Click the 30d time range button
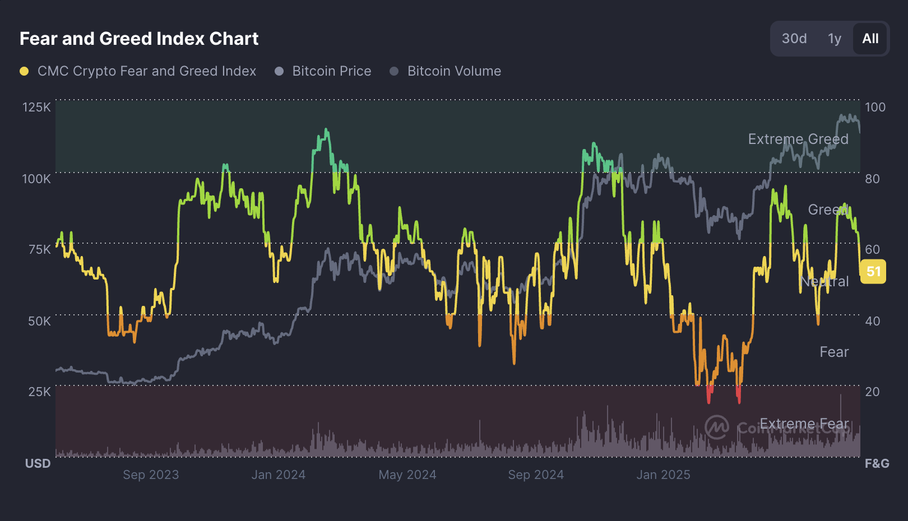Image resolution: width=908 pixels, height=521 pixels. click(x=794, y=39)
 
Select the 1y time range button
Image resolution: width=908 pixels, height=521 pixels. click(x=835, y=39)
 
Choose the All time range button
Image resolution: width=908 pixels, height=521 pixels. click(x=870, y=39)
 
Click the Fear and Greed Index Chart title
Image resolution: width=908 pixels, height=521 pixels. click(x=139, y=39)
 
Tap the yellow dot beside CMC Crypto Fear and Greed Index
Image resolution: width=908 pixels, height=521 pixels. click(x=24, y=71)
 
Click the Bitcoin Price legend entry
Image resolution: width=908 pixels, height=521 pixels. click(x=331, y=71)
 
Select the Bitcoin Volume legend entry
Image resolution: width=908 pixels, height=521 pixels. click(x=454, y=71)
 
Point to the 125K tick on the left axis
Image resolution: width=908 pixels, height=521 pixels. click(x=36, y=107)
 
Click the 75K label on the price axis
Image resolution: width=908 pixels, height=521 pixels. click(x=39, y=249)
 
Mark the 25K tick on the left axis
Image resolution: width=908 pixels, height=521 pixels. click(x=39, y=392)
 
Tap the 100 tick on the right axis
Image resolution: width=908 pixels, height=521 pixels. click(x=875, y=107)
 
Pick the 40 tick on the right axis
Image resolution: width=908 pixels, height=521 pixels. click(x=872, y=321)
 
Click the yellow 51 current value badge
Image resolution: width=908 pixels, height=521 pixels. click(x=873, y=272)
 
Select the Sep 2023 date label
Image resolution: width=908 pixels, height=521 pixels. click(x=151, y=475)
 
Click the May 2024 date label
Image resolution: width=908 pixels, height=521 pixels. click(x=407, y=475)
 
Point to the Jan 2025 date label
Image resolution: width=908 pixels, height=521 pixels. click(x=663, y=475)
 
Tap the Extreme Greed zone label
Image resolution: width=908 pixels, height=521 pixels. click(x=798, y=139)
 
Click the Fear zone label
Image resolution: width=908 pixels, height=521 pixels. click(x=834, y=352)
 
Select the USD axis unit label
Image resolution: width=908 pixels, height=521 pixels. click(x=38, y=463)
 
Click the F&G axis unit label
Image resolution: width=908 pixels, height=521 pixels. click(x=877, y=463)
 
